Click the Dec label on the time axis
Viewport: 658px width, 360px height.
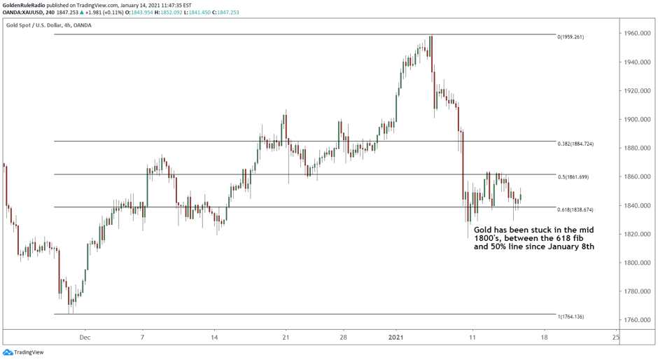(85, 337)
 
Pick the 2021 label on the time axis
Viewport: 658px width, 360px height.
(396, 337)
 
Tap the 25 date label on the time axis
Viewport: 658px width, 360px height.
(615, 337)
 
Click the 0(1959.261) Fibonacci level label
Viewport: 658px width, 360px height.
(570, 37)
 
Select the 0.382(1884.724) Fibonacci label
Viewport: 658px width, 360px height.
(575, 144)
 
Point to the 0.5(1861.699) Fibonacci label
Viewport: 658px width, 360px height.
(573, 177)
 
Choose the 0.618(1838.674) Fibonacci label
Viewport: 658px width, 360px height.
(575, 209)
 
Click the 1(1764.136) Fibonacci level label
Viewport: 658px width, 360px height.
(570, 317)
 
